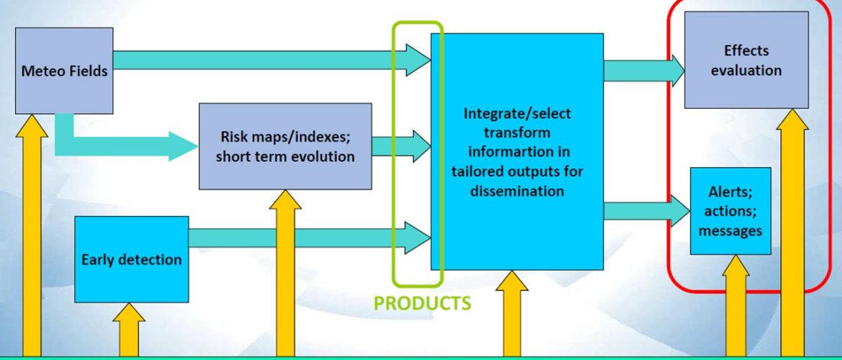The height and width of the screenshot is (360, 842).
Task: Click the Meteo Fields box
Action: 64,71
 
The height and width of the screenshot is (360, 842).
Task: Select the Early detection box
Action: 132,259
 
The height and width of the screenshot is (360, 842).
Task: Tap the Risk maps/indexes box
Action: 285,146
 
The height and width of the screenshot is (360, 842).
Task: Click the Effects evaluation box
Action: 746,60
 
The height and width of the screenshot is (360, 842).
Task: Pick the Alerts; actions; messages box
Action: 730,211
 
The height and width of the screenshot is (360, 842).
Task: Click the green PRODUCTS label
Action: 422,303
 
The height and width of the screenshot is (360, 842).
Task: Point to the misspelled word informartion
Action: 517,152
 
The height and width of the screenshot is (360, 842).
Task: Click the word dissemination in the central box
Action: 517,191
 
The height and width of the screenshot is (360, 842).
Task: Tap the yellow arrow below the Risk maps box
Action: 285,272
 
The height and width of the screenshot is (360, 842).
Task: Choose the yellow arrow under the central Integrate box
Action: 512,312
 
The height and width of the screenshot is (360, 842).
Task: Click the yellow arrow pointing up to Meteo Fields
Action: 32,235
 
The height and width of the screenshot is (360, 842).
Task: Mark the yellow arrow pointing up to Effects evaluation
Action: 792,232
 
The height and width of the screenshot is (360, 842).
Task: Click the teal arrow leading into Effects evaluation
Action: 644,71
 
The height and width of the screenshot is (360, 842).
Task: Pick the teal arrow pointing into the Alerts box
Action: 646,211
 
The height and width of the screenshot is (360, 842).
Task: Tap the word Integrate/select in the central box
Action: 517,113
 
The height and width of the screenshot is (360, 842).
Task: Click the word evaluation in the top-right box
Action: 746,71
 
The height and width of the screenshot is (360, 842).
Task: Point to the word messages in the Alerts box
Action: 730,230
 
